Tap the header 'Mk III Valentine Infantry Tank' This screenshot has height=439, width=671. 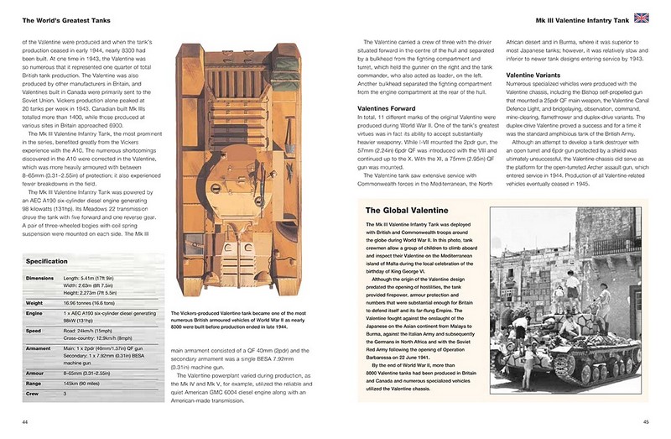(x=575, y=18)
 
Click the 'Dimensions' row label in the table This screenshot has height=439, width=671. (x=39, y=276)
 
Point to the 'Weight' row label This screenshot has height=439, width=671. (x=34, y=303)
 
